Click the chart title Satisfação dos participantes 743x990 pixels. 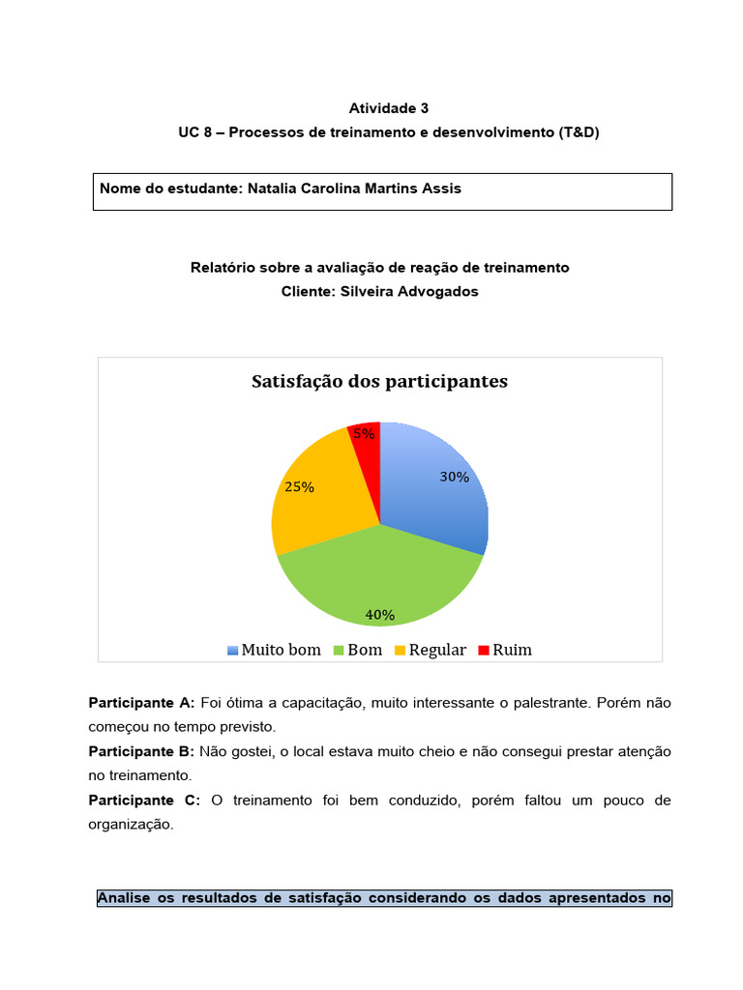pyautogui.click(x=379, y=382)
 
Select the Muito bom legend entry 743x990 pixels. pyautogui.click(x=274, y=650)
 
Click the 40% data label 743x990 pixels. pyautogui.click(x=379, y=614)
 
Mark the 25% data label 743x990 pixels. pyautogui.click(x=299, y=487)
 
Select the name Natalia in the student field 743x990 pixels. pyautogui.click(x=276, y=189)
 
